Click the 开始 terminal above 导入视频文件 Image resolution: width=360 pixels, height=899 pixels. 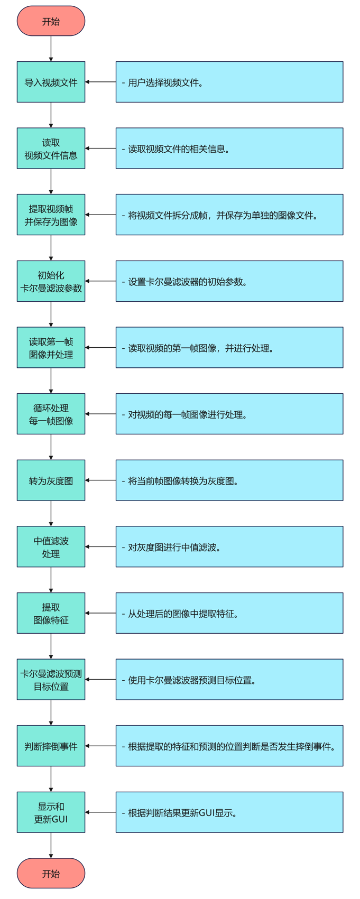(51, 21)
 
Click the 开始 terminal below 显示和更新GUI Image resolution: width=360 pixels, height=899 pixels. (51, 873)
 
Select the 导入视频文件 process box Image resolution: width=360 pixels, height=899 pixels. (51, 82)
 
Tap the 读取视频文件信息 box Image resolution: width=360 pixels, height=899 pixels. (51, 149)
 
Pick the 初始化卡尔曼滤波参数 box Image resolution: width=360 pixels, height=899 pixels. (51, 281)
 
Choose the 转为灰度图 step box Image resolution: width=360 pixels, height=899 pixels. (51, 480)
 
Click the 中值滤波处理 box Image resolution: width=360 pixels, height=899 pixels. (51, 547)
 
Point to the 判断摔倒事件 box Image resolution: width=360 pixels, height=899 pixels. (51, 746)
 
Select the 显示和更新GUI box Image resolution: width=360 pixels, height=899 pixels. (51, 812)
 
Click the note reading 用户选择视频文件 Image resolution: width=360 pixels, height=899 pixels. (229, 82)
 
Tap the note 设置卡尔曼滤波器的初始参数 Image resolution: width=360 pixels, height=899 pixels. (229, 281)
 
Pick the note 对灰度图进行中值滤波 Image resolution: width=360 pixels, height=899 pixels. (229, 547)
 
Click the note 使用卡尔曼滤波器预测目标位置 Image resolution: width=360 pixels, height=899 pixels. (229, 680)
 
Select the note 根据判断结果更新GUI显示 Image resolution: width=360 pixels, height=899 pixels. (229, 812)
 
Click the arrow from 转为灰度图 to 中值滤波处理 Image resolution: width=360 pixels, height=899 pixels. (51, 513)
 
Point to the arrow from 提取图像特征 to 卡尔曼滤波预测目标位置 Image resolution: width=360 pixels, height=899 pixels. (51, 646)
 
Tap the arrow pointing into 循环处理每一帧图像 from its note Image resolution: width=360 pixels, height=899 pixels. (100, 414)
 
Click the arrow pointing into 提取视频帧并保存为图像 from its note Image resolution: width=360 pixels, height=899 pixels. (100, 215)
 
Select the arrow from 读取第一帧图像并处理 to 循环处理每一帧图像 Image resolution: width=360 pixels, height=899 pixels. (51, 381)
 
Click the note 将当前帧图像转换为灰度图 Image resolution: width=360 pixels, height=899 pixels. (229, 480)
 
